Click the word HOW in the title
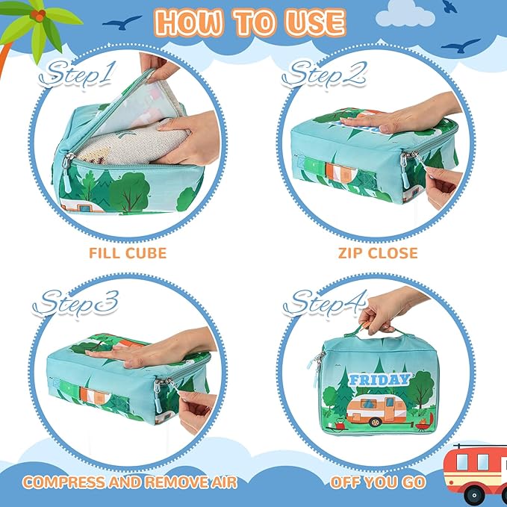[x=189, y=23]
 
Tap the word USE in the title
[x=315, y=23]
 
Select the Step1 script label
[x=77, y=75]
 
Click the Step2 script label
[x=324, y=75]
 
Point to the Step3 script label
[x=75, y=303]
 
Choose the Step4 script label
[x=325, y=303]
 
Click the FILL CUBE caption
[x=128, y=253]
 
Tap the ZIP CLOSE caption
[x=378, y=253]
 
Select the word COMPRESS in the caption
[x=63, y=482]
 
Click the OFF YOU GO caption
[x=378, y=482]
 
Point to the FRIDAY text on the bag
[x=379, y=379]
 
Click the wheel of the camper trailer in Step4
[x=376, y=422]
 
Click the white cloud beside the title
[x=405, y=14]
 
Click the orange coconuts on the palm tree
[x=38, y=14]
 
